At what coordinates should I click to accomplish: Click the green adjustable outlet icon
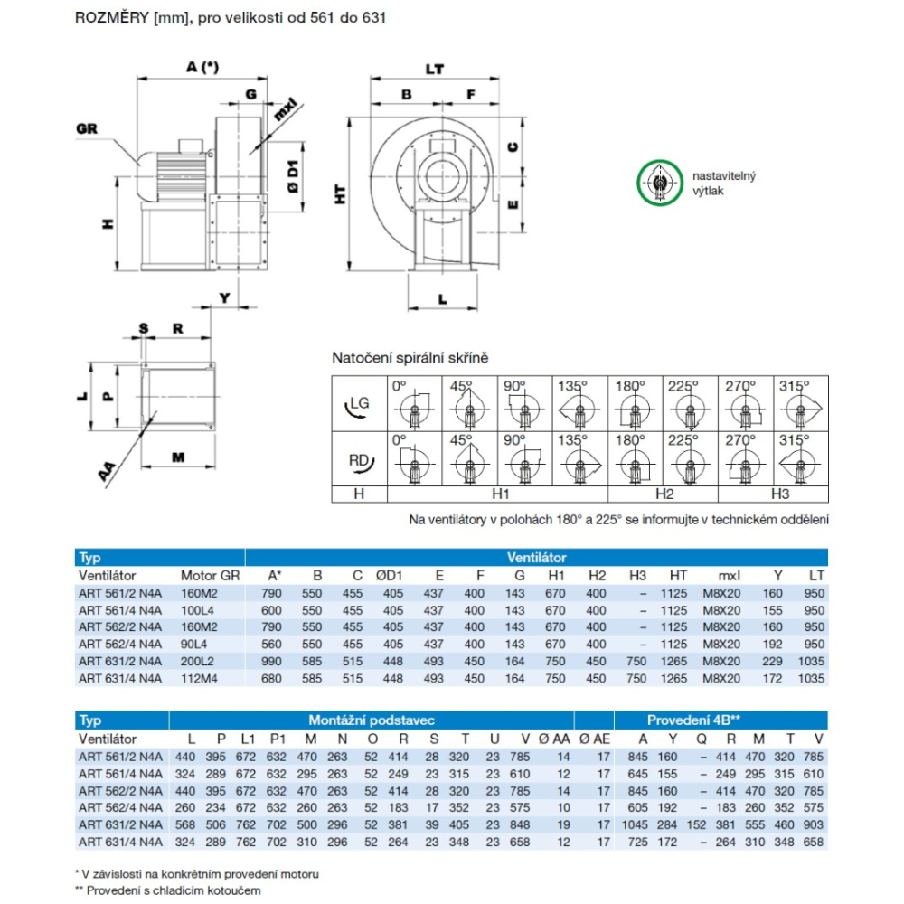pyautogui.click(x=659, y=184)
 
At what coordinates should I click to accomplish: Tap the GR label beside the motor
pyautogui.click(x=88, y=128)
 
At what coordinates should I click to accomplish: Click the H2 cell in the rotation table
pyautogui.click(x=663, y=494)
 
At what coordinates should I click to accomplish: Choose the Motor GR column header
pyautogui.click(x=211, y=575)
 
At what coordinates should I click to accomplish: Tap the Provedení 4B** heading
pyautogui.click(x=694, y=720)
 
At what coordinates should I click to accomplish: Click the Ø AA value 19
pyautogui.click(x=563, y=824)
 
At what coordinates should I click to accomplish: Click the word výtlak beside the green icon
pyautogui.click(x=709, y=190)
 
